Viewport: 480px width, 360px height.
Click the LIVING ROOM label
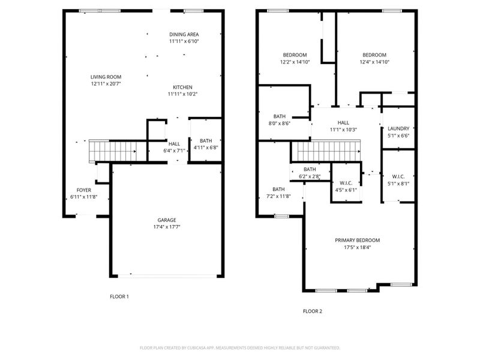[106, 77]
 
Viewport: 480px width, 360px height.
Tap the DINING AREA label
[184, 34]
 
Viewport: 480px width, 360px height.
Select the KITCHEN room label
[183, 86]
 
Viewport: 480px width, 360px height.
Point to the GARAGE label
[167, 220]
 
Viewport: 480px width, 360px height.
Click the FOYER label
[83, 190]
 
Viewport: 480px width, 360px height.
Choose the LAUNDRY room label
[398, 128]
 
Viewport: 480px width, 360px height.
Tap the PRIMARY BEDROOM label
[357, 240]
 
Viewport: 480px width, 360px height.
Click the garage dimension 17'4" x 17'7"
[167, 227]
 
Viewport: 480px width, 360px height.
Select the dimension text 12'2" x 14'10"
[295, 62]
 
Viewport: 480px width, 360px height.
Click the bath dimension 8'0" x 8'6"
[280, 123]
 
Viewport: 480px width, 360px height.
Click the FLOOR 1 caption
[119, 296]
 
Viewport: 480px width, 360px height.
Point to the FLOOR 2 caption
[313, 311]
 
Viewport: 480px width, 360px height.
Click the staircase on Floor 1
[113, 150]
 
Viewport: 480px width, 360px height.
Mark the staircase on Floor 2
[327, 151]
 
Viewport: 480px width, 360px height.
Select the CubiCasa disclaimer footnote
[240, 347]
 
